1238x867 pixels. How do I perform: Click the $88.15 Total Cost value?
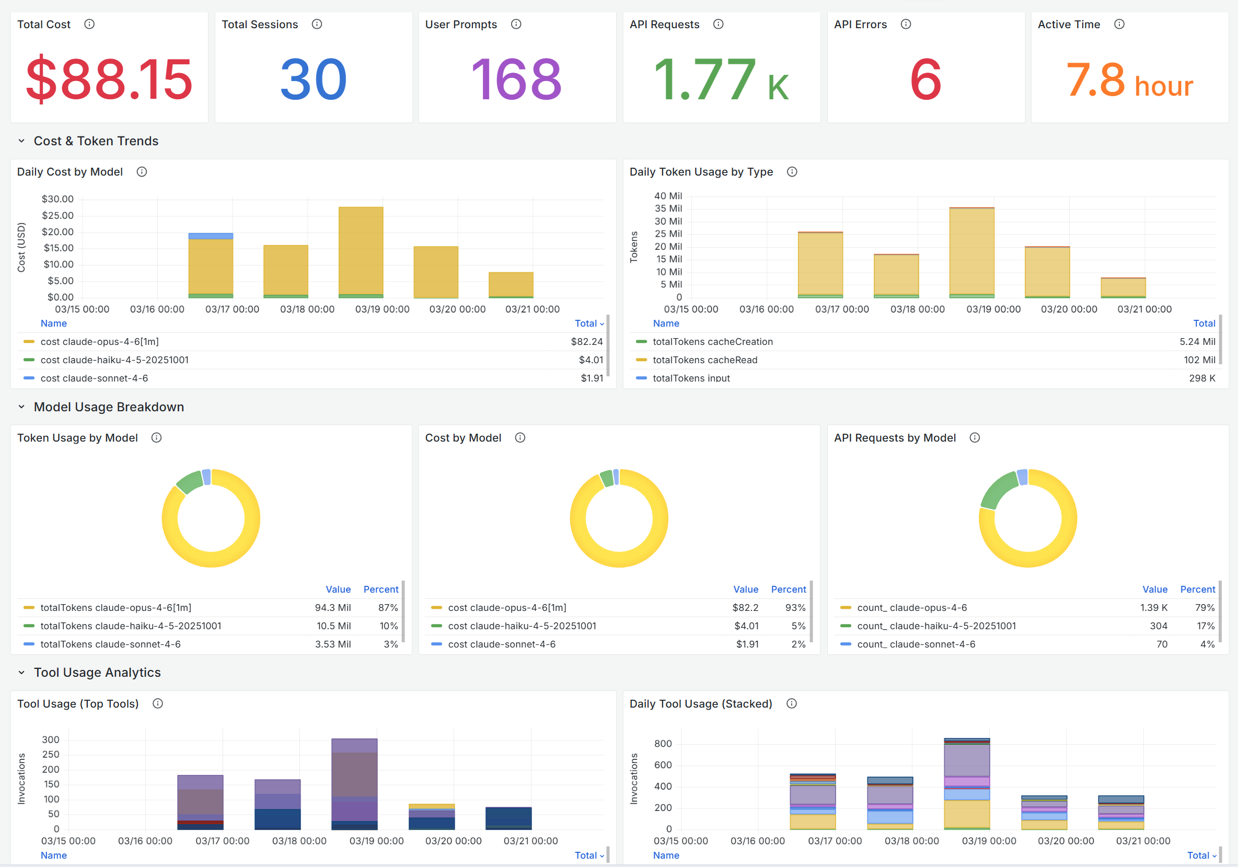(x=109, y=79)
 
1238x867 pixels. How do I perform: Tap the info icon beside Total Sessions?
(x=317, y=24)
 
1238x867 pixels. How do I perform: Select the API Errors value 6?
(x=926, y=79)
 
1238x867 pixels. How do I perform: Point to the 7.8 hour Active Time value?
(x=1130, y=80)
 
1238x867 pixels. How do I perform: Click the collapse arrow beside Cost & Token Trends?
(x=21, y=141)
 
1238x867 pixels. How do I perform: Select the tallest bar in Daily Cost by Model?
(x=361, y=252)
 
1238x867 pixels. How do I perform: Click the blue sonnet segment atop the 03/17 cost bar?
(x=211, y=236)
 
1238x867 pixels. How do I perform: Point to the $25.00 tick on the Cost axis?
(x=58, y=215)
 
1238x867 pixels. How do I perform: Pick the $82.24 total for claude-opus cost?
(x=587, y=341)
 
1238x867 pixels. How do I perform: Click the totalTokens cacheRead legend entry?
(x=705, y=360)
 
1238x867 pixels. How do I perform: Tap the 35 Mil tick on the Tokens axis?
(x=668, y=208)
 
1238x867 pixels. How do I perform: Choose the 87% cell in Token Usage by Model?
(x=388, y=608)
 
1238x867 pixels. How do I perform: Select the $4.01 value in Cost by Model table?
(x=746, y=626)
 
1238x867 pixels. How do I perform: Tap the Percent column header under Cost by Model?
(x=788, y=589)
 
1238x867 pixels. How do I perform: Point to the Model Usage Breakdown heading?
(x=109, y=407)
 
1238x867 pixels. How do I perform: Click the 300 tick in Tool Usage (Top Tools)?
(x=51, y=740)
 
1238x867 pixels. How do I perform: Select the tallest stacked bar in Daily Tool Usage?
(x=967, y=783)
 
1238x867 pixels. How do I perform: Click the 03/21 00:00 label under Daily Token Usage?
(x=1144, y=309)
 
